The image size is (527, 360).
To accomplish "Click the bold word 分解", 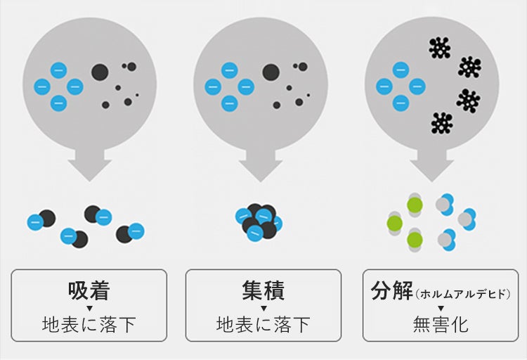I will pos(391,290).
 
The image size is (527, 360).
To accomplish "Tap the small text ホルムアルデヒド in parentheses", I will pos(462,293).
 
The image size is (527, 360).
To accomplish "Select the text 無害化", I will pos(440,325).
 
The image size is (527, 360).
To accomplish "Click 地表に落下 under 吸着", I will pos(89,325).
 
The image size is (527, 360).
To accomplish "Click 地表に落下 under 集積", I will pos(263,325).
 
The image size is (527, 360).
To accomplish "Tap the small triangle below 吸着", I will pos(89,308).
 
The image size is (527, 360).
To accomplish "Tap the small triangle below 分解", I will pos(441,308).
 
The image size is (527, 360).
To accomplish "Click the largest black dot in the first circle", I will pos(100,71).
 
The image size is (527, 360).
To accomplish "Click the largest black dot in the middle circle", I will pos(271,71).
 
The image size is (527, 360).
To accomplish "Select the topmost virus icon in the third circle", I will pos(440,48).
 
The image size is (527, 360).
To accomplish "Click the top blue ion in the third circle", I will pos(401,70).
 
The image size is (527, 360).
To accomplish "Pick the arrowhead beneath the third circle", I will pos(431,169).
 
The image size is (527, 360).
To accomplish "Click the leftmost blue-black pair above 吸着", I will pos(41,220).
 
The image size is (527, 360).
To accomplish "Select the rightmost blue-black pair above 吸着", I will pos(130,232).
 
